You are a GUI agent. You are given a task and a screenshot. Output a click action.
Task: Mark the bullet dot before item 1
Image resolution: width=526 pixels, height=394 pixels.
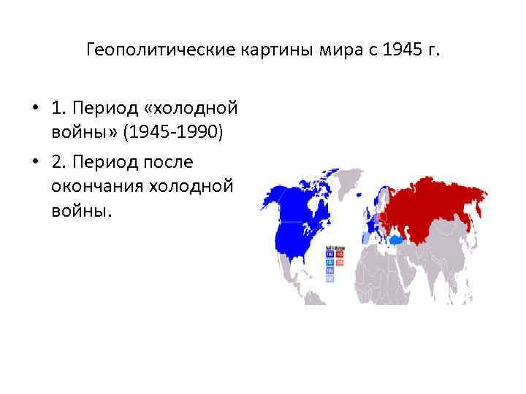35,109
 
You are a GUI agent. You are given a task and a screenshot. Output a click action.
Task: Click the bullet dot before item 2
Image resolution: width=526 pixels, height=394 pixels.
35,160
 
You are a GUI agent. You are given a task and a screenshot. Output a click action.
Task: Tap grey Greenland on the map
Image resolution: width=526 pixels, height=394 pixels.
343,182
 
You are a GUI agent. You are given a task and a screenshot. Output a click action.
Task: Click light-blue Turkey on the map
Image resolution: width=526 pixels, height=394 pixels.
397,239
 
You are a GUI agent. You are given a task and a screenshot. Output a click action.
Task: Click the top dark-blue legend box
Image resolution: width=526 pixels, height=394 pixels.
329,252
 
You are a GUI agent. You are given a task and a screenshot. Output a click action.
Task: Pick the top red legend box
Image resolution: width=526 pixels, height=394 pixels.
340,252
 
